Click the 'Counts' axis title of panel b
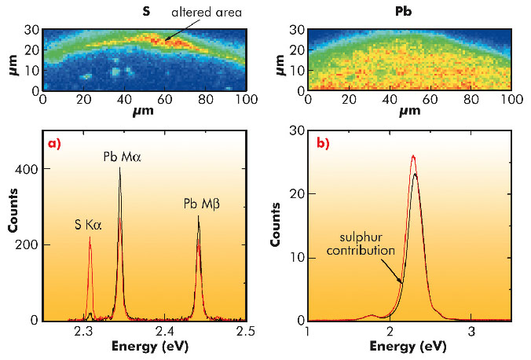coord(276,226)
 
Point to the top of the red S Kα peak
coord(90,238)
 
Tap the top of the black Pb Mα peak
coord(120,167)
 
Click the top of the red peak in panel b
coord(413,156)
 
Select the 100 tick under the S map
coord(247,101)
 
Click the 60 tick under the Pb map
coord(430,101)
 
